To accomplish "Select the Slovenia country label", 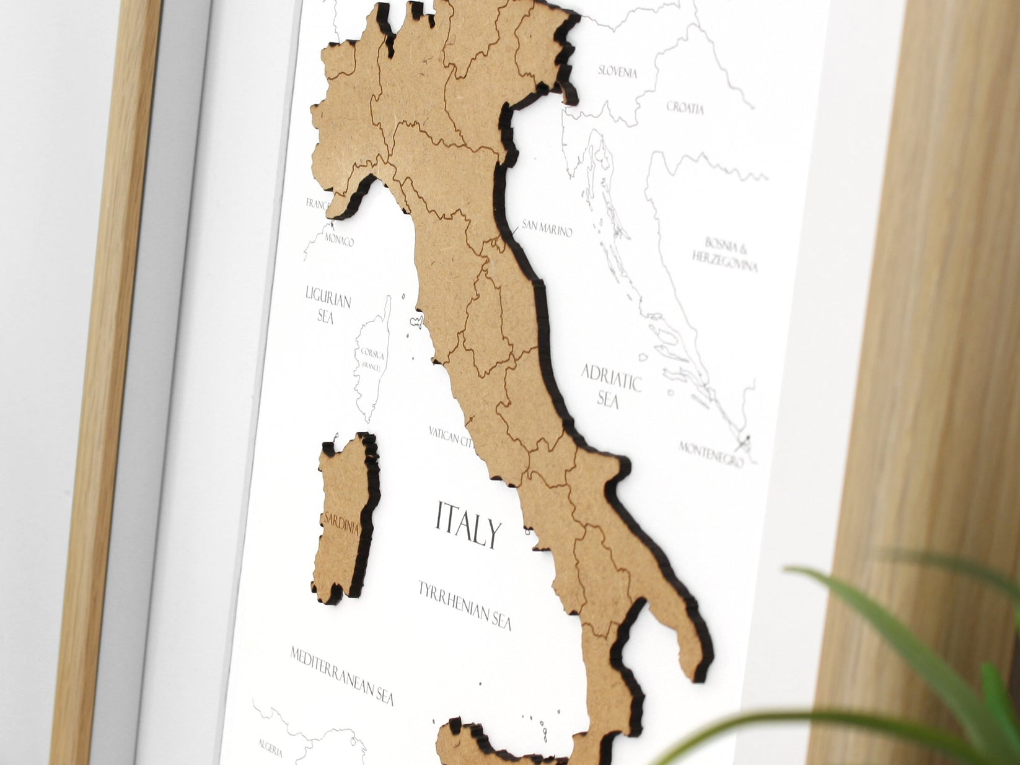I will point(617,71).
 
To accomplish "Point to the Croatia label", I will point(685,108).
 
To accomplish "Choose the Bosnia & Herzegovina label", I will point(725,254).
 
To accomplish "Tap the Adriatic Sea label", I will point(610,385).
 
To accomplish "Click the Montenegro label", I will point(710,454).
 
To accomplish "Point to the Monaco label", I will point(338,240).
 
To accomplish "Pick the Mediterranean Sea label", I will point(342,675).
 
